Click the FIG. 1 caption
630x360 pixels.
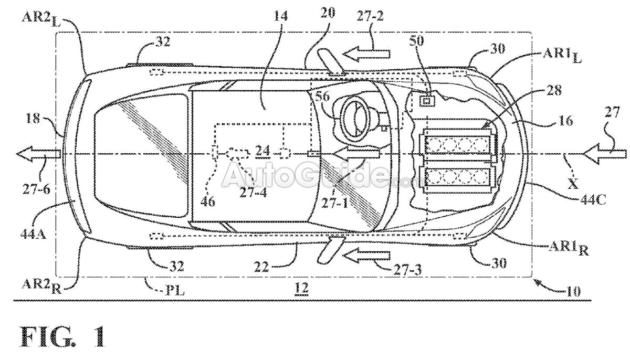point(63,337)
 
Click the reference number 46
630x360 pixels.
point(208,202)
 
